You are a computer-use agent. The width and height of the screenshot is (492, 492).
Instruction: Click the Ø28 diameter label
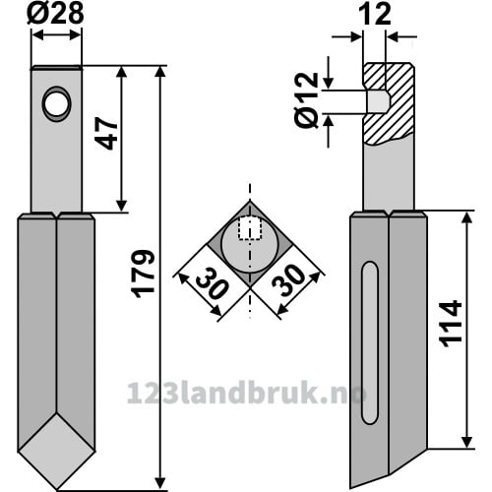[55, 14]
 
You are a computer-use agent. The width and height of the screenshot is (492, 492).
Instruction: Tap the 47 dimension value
[106, 135]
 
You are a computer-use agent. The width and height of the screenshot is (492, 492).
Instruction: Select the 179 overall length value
[144, 274]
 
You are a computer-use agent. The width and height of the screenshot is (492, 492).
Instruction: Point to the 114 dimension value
[451, 324]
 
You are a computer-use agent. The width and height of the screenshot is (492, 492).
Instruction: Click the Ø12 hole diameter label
[306, 100]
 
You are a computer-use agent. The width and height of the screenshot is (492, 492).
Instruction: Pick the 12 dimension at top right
[375, 15]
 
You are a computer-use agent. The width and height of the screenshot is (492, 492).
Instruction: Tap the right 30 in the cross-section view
[289, 280]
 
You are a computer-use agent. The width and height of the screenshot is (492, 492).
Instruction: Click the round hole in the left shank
[56, 104]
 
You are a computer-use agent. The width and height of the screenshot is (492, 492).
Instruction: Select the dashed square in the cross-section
[250, 228]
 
